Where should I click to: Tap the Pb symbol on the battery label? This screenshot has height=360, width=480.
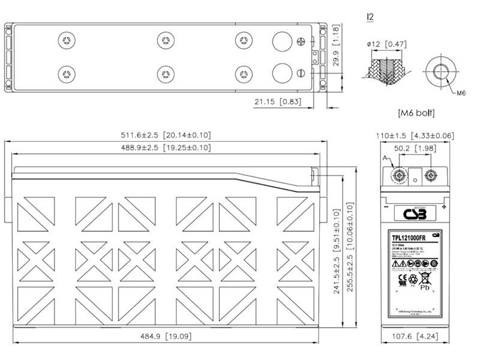(x=424, y=287)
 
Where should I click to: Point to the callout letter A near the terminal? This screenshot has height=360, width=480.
(x=385, y=158)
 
